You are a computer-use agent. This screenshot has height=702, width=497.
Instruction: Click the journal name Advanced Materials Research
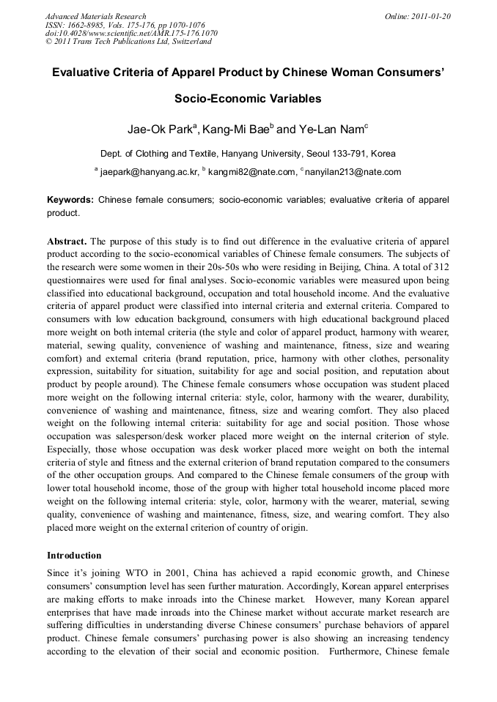pos(96,16)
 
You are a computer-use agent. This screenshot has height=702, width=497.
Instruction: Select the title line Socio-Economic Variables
pos(248,98)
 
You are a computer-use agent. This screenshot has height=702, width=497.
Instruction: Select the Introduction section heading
pos(74,556)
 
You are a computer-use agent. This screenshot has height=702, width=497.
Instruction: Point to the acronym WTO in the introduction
pos(129,572)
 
